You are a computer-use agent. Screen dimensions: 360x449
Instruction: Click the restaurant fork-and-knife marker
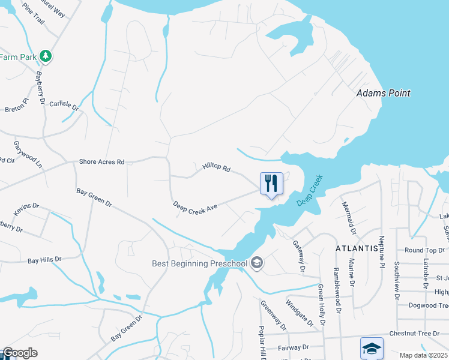(271, 183)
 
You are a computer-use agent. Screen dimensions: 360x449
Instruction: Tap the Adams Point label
(384, 93)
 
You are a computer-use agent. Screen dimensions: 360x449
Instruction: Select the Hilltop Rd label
(216, 169)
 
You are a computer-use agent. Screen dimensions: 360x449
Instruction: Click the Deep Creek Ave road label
(194, 206)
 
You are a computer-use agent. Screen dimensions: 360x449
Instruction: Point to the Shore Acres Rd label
(101, 162)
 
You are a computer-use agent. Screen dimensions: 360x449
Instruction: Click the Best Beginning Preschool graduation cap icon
(257, 263)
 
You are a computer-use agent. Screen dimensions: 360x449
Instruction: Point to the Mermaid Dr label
(349, 218)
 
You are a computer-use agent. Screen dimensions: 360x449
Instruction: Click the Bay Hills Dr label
(44, 260)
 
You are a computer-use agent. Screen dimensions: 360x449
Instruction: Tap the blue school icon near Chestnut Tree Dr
(372, 348)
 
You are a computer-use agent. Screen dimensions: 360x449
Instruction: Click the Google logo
(19, 353)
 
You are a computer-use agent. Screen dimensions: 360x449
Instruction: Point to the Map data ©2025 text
(424, 355)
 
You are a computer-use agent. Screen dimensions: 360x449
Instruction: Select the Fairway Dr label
(293, 347)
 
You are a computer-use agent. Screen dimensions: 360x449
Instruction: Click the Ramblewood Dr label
(337, 290)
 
